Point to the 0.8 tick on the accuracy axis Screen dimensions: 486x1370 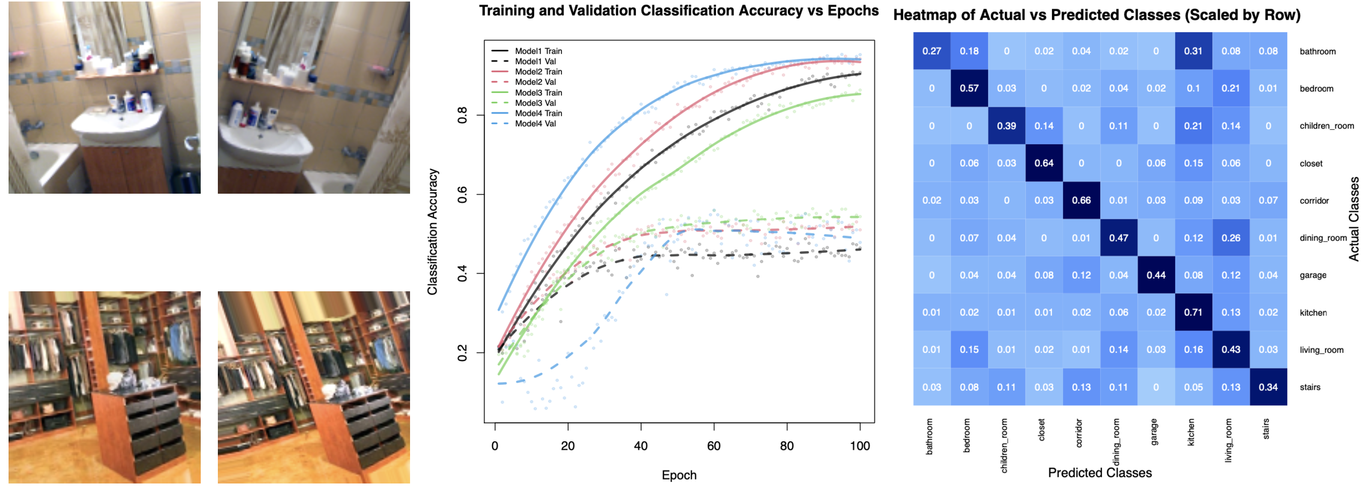(462, 115)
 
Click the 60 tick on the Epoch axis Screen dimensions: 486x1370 (714, 446)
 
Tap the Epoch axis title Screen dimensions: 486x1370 (679, 475)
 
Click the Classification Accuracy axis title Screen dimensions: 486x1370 (432, 232)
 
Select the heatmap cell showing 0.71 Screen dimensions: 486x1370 (1193, 312)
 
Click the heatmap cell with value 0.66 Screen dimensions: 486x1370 (1081, 200)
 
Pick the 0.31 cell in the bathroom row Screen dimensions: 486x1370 (1193, 51)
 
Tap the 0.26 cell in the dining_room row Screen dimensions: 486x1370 (1231, 237)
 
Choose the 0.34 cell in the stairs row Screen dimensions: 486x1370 (1268, 387)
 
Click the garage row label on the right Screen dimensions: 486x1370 (1313, 275)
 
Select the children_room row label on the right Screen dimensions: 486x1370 (1326, 126)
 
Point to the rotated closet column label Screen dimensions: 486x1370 (1041, 430)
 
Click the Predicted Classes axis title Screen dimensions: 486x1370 (1099, 473)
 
